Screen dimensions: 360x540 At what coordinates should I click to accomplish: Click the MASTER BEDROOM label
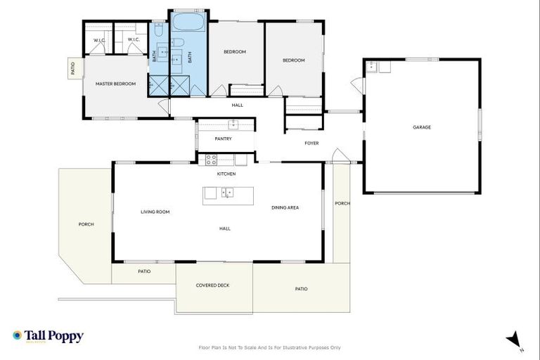(115, 84)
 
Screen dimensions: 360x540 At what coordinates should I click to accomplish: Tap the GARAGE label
(422, 127)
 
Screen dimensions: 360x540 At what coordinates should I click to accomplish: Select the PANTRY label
(224, 139)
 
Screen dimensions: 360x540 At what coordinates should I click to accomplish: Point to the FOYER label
(311, 143)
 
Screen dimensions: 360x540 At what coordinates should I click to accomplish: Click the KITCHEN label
(226, 174)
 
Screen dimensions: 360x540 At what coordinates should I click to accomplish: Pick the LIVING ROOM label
(155, 212)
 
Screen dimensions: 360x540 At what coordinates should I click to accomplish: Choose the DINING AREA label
(285, 207)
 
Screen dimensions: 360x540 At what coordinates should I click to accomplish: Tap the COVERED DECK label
(212, 285)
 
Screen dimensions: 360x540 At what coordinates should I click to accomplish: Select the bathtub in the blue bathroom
(188, 23)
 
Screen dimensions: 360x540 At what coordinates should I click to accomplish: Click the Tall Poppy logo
(48, 336)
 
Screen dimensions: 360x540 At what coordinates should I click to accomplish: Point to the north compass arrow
(515, 339)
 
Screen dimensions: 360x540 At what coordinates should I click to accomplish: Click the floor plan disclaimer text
(270, 347)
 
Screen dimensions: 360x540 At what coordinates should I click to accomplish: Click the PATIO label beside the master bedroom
(72, 69)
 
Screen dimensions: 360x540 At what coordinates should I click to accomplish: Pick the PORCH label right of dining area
(342, 203)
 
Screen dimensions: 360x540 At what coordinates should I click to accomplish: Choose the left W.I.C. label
(99, 40)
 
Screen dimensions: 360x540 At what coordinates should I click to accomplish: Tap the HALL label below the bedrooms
(238, 105)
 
